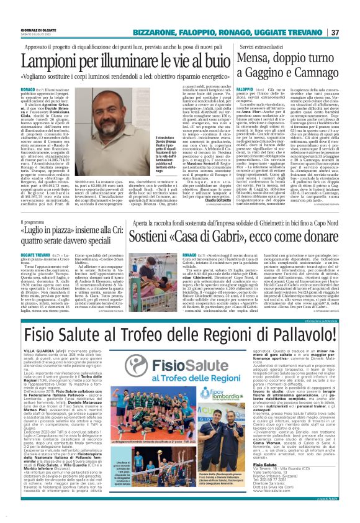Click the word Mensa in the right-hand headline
(245, 59)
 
